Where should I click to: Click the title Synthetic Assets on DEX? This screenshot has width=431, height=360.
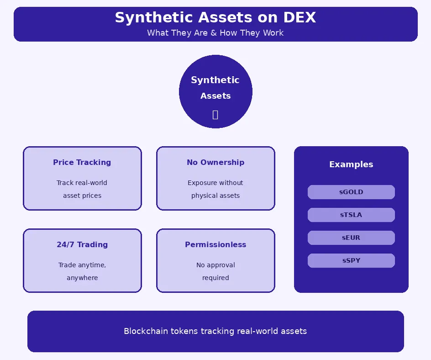[215, 18]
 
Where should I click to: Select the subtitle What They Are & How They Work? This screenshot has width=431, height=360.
[215, 33]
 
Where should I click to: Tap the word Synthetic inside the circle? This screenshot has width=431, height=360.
[215, 80]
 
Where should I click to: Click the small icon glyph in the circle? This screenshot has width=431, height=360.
[215, 115]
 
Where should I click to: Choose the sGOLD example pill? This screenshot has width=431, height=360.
[351, 192]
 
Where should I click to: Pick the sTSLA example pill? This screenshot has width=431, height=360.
[351, 215]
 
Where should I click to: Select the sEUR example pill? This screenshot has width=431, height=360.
[351, 238]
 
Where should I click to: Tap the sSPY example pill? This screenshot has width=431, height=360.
[351, 260]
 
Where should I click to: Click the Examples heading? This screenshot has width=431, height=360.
[351, 164]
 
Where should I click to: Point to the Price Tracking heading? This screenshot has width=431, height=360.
[82, 162]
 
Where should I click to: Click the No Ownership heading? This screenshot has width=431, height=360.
[215, 162]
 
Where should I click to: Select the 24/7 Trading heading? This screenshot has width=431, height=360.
[82, 244]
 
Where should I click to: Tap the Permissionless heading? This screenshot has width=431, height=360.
[215, 244]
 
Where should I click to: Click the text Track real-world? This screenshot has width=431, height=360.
[82, 183]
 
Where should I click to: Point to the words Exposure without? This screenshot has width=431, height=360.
[215, 183]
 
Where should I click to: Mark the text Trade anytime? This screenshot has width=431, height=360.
[82, 265]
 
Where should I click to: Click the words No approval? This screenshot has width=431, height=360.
[215, 265]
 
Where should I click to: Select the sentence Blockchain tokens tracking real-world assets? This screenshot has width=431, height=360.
[215, 331]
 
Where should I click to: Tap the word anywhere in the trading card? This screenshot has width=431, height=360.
[82, 278]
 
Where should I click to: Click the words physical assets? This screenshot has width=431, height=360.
[215, 196]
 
